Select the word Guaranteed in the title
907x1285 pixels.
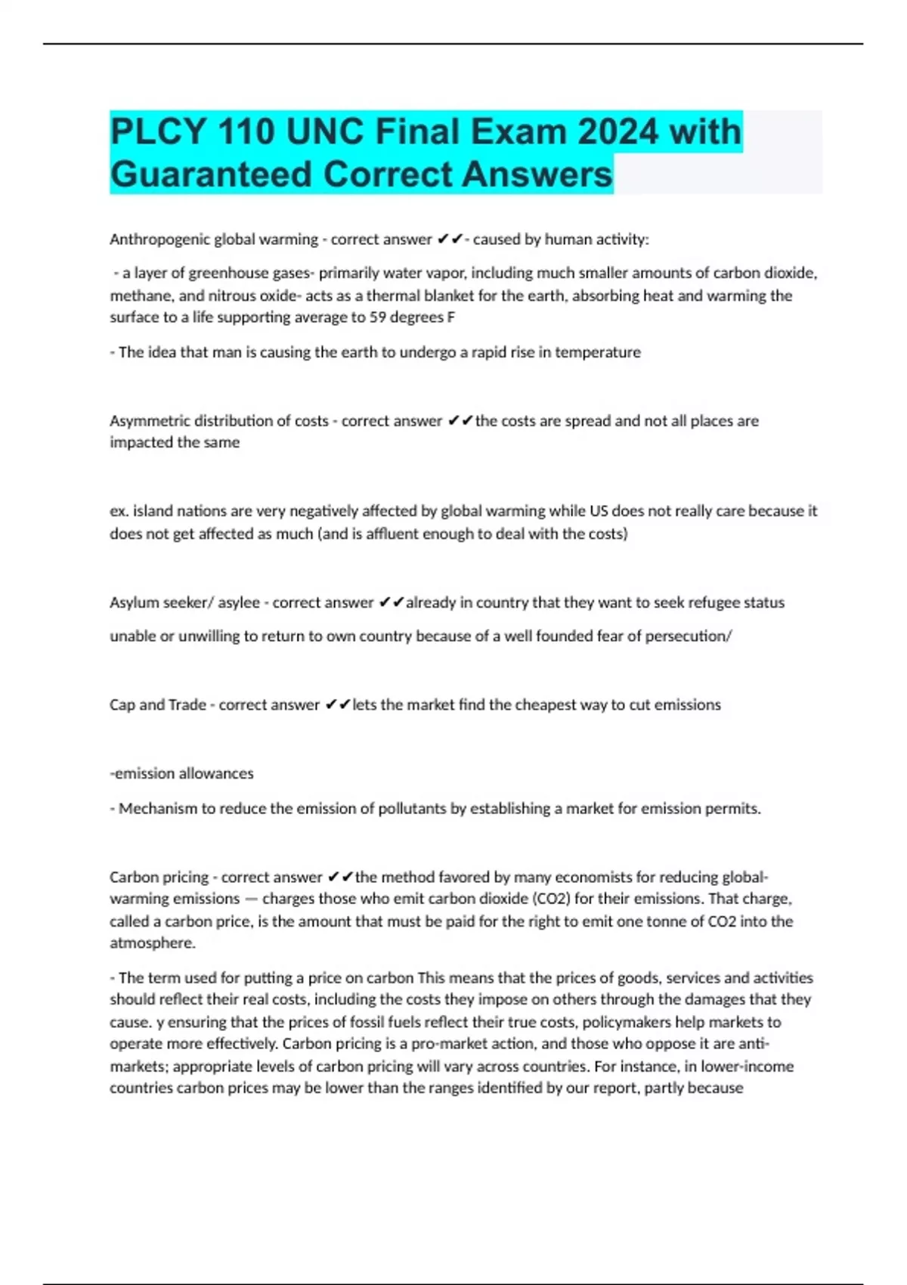[211, 174]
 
